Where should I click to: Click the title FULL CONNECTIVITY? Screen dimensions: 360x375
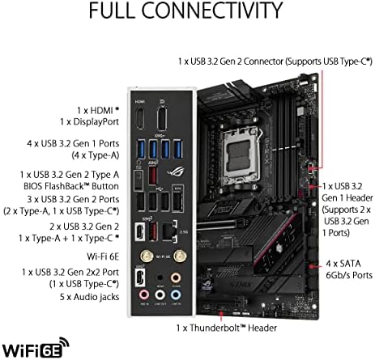pyautogui.click(x=187, y=14)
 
